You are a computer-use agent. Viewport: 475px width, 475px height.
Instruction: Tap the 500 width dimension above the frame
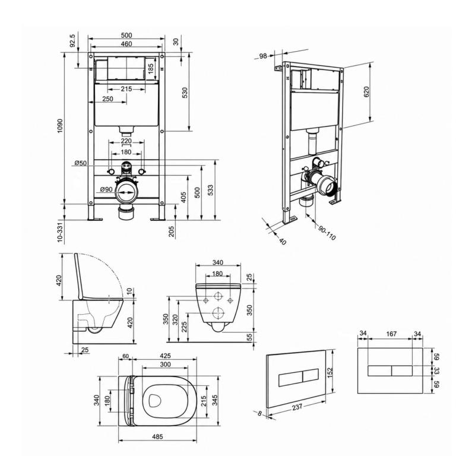click(x=126, y=36)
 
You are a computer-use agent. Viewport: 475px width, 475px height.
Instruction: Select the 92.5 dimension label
click(x=72, y=41)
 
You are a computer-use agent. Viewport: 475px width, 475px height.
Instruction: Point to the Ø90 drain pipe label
click(x=106, y=189)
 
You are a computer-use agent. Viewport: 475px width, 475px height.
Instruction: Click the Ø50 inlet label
click(x=81, y=163)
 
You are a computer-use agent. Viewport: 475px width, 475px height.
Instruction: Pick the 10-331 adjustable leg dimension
click(x=60, y=232)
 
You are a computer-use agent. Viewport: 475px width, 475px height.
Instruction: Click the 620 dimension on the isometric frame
click(x=366, y=92)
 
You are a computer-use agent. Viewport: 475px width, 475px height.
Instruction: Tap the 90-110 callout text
click(x=327, y=233)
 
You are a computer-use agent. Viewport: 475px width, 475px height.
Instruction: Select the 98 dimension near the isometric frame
click(x=263, y=56)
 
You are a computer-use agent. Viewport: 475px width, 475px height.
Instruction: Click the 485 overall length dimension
click(x=157, y=436)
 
